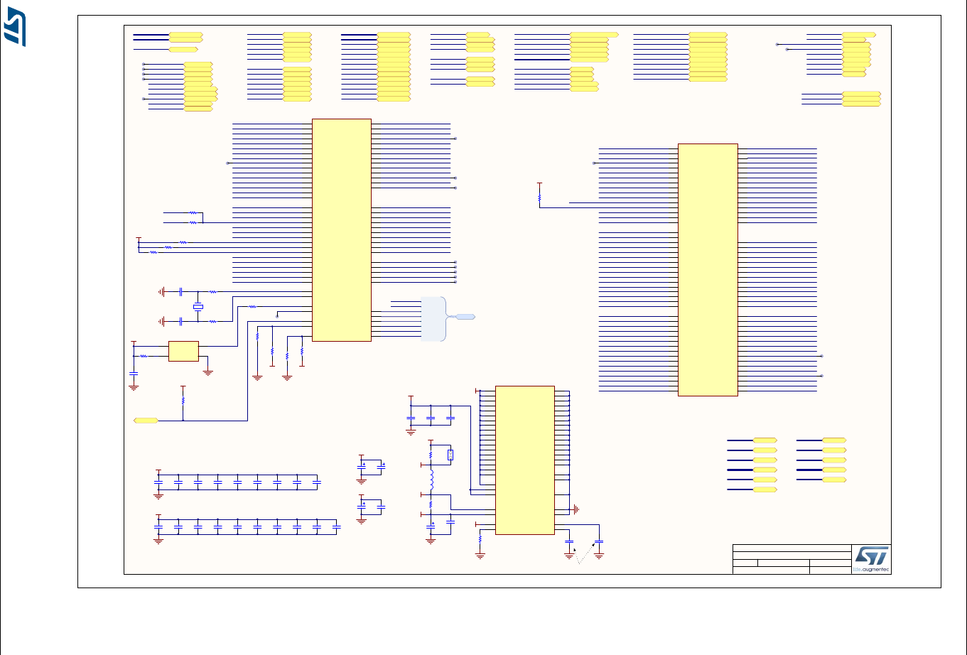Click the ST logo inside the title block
(871, 558)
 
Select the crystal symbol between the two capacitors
(198, 307)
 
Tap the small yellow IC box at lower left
(183, 351)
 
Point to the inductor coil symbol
(431, 478)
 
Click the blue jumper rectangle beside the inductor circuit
(450, 455)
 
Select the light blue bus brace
(433, 318)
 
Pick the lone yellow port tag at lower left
(146, 421)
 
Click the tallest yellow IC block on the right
(708, 269)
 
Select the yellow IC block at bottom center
(524, 460)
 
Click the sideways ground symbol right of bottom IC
(577, 509)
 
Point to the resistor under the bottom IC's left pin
(480, 539)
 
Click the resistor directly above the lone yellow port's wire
(183, 400)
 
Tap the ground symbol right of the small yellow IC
(208, 371)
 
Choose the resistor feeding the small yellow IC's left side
(144, 356)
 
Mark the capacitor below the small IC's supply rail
(133, 373)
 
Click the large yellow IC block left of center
(341, 229)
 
